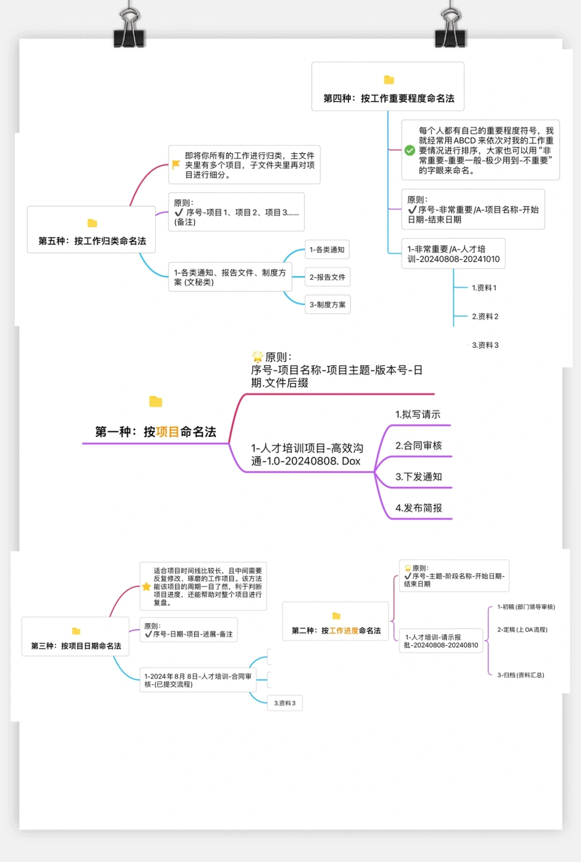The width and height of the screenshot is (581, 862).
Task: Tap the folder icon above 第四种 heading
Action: pos(389,80)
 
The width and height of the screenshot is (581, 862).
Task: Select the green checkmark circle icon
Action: pos(410,150)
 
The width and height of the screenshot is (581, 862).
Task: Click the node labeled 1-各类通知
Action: pos(327,250)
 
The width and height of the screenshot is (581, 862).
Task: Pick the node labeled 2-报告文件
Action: pos(327,277)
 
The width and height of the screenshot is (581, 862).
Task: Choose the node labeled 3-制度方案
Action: pos(327,305)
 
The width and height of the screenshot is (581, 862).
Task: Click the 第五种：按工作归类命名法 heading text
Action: pos(92,241)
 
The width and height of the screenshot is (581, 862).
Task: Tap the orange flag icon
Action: pos(176,164)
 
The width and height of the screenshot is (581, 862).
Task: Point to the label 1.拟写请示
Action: pos(417,415)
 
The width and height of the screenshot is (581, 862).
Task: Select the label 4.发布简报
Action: pos(419,508)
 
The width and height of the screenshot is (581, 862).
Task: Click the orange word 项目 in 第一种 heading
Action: pos(167,432)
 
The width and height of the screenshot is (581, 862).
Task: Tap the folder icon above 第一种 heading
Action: pos(155,402)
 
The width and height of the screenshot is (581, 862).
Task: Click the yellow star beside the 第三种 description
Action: pos(146,586)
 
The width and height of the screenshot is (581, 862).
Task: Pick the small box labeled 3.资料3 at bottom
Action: pos(285,703)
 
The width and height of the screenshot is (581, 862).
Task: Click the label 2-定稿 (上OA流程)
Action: pos(522,630)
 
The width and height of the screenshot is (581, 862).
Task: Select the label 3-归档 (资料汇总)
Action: pos(520,675)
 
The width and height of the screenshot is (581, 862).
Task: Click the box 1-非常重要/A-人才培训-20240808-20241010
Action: pos(453,254)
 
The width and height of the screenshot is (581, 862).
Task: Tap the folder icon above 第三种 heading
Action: pos(76,631)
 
